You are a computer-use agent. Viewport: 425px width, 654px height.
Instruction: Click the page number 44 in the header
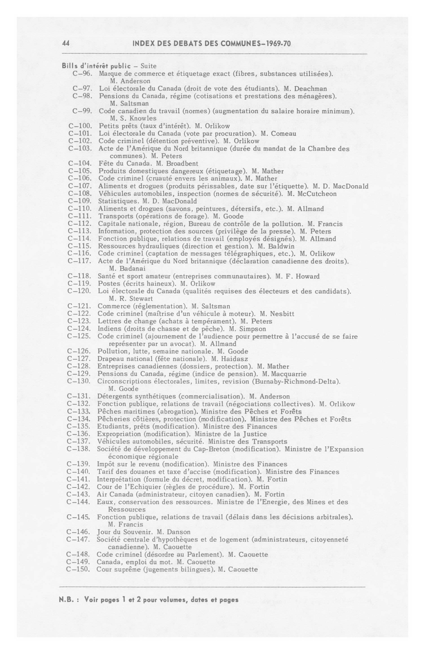[x=66, y=43]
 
